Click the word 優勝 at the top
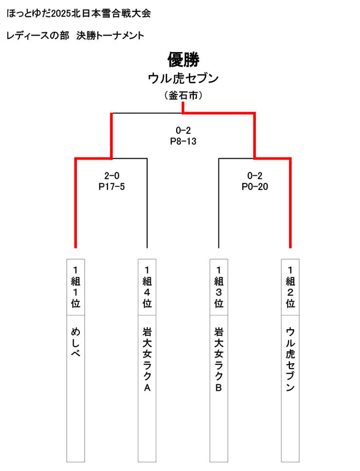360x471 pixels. click(x=183, y=59)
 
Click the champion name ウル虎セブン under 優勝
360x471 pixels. click(x=183, y=78)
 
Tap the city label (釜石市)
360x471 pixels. click(x=183, y=96)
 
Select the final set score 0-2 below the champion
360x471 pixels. click(x=183, y=130)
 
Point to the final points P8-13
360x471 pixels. click(x=183, y=141)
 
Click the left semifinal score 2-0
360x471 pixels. click(x=111, y=175)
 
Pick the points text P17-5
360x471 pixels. click(x=111, y=187)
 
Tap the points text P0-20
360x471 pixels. click(x=255, y=187)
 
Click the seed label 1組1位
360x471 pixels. click(x=75, y=287)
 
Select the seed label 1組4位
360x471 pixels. click(x=147, y=287)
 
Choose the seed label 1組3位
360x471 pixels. click(x=218, y=287)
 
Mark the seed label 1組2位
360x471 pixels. click(x=290, y=287)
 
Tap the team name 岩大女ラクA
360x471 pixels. click(x=147, y=360)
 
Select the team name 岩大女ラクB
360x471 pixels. click(x=218, y=360)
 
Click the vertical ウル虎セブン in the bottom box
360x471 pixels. click(x=290, y=360)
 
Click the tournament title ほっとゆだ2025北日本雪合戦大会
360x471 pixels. click(x=79, y=14)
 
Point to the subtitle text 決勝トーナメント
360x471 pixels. click(x=110, y=35)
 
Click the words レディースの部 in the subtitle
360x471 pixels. click(x=38, y=35)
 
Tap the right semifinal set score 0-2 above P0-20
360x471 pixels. click(x=255, y=175)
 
